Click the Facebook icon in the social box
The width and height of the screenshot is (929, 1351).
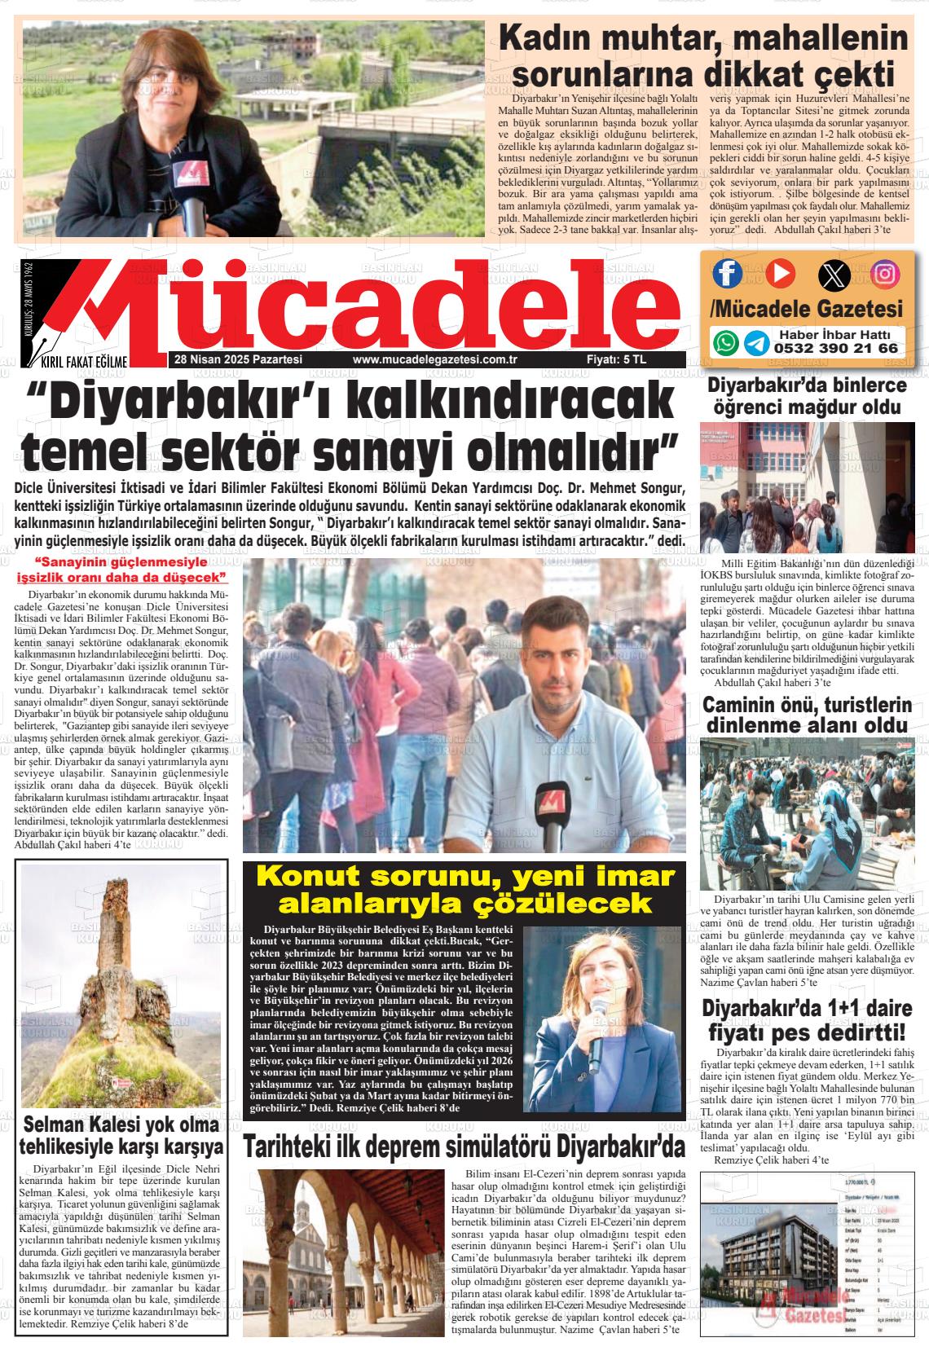tap(727, 272)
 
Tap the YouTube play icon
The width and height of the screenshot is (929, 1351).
tap(779, 272)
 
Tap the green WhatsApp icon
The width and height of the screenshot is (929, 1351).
tap(725, 342)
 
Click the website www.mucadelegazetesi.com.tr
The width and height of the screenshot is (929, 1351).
tap(436, 359)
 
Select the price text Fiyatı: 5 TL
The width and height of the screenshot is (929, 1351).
tap(616, 359)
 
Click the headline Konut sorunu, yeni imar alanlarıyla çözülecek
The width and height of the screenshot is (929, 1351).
tap(465, 890)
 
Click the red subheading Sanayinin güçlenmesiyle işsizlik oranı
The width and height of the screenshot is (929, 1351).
tap(121, 570)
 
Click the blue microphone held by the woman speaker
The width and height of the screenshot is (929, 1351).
tap(597, 1043)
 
